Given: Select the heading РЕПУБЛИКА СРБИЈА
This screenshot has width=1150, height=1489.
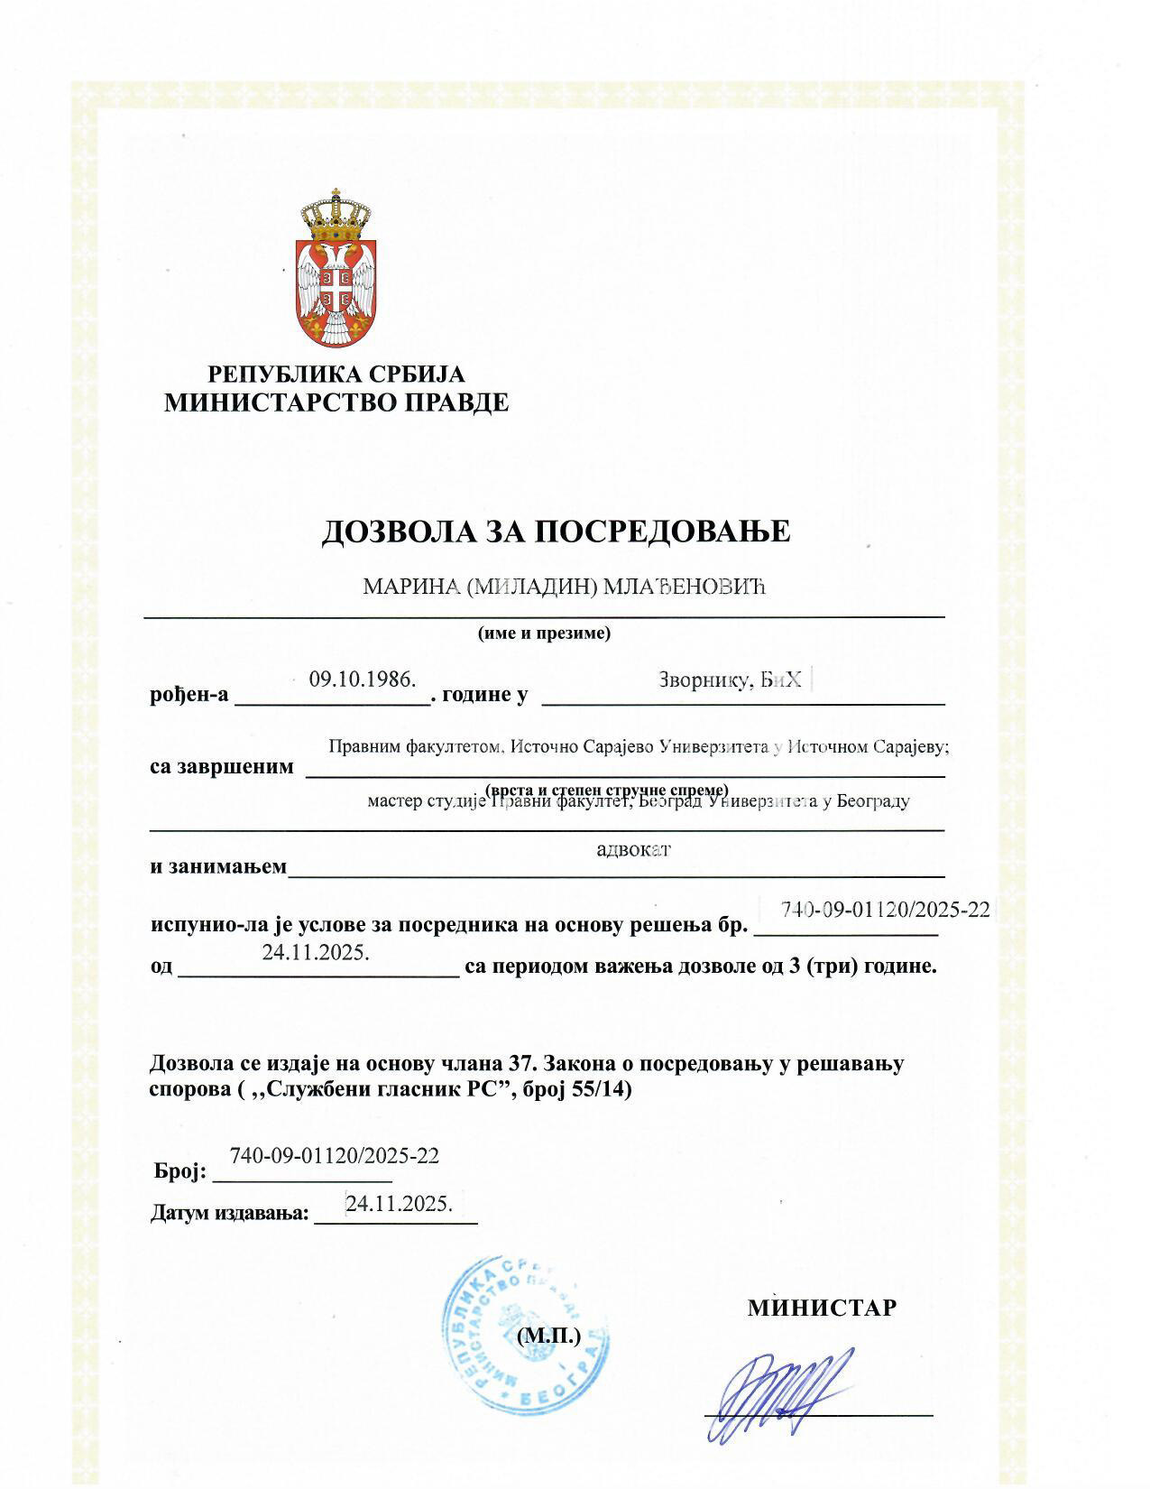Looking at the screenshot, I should (336, 375).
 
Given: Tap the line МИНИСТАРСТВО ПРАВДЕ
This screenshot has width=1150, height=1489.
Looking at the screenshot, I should (336, 402).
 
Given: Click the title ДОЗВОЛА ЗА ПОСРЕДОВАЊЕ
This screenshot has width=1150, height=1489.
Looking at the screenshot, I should (556, 532).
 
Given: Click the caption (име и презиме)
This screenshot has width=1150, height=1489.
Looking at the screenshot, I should (544, 633).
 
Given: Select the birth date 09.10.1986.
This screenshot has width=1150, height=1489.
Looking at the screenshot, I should (362, 680).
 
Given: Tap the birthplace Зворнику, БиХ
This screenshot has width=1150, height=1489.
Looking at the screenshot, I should (730, 681).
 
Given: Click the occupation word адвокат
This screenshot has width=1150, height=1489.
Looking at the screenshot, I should (634, 849).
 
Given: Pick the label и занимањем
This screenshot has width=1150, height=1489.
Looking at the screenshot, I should (218, 867).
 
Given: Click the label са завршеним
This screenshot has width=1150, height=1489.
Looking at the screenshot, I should (222, 767).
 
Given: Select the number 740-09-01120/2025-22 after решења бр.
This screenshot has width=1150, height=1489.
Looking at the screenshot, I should (885, 910).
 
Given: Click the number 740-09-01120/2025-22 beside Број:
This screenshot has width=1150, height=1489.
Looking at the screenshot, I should (335, 1155).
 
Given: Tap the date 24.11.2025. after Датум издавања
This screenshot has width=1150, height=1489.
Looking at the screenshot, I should (399, 1203).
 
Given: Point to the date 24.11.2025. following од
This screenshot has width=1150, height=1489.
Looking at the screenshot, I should (316, 952).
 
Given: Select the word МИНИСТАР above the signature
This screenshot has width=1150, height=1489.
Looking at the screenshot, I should (822, 1308).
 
